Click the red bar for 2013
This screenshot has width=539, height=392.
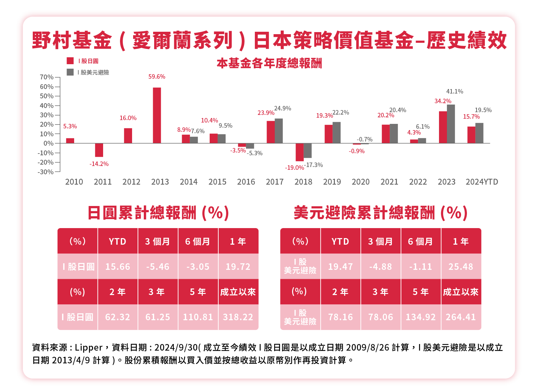pyautogui.click(x=157, y=115)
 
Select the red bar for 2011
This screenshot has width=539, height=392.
pyautogui.click(x=99, y=150)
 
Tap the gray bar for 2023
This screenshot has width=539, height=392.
pyautogui.click(x=451, y=124)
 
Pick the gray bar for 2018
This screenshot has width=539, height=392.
pyautogui.click(x=308, y=150)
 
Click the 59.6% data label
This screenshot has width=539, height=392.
pyautogui.click(x=157, y=77)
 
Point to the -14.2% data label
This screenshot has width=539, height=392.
pyautogui.click(x=99, y=164)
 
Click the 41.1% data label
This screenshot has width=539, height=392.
pyautogui.click(x=455, y=91)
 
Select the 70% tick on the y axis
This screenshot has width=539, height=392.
pyautogui.click(x=47, y=77)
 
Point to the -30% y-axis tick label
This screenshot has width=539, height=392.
pyautogui.click(x=46, y=172)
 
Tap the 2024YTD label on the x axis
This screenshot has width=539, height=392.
pyautogui.click(x=482, y=182)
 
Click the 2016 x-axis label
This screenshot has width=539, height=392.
pyautogui.click(x=246, y=182)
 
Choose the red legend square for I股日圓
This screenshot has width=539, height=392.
pyautogui.click(x=70, y=61)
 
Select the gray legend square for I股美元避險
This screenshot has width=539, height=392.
pyautogui.click(x=70, y=72)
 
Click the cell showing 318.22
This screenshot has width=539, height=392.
pyautogui.click(x=238, y=317)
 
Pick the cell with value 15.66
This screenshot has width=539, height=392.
pyautogui.click(x=118, y=267)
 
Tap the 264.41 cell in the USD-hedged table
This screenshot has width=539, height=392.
pyautogui.click(x=461, y=317)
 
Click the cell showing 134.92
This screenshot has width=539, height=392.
pyautogui.click(x=421, y=317)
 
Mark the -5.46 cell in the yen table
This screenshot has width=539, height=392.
pyautogui.click(x=158, y=267)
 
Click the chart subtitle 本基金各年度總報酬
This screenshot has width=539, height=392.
pyautogui.click(x=269, y=63)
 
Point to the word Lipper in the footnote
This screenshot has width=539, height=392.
pyautogui.click(x=89, y=347)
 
